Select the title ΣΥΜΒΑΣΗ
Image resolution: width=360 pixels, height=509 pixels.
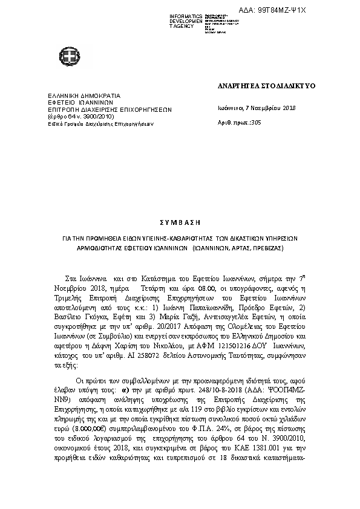(x=180, y=223)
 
